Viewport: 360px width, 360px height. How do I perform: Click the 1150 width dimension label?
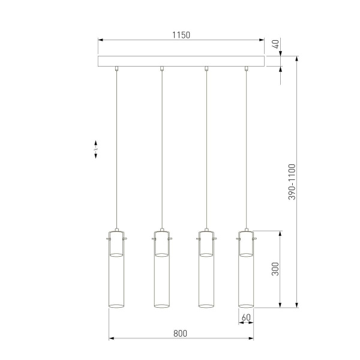[181, 35]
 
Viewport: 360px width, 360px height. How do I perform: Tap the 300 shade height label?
[275, 268]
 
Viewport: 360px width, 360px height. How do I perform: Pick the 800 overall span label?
[181, 333]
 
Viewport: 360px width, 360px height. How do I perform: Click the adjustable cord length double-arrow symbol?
[96, 150]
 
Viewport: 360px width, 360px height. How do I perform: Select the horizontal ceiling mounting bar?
[181, 61]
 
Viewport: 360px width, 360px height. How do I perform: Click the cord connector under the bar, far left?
[117, 69]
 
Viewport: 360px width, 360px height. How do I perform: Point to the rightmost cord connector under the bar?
[246, 69]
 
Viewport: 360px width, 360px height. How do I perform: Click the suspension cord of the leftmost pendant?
[117, 150]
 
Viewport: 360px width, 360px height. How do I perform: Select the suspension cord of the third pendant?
[206, 150]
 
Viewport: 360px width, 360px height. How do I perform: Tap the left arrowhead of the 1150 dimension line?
[101, 40]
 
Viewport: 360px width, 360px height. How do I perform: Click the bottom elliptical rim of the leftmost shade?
[116, 308]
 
